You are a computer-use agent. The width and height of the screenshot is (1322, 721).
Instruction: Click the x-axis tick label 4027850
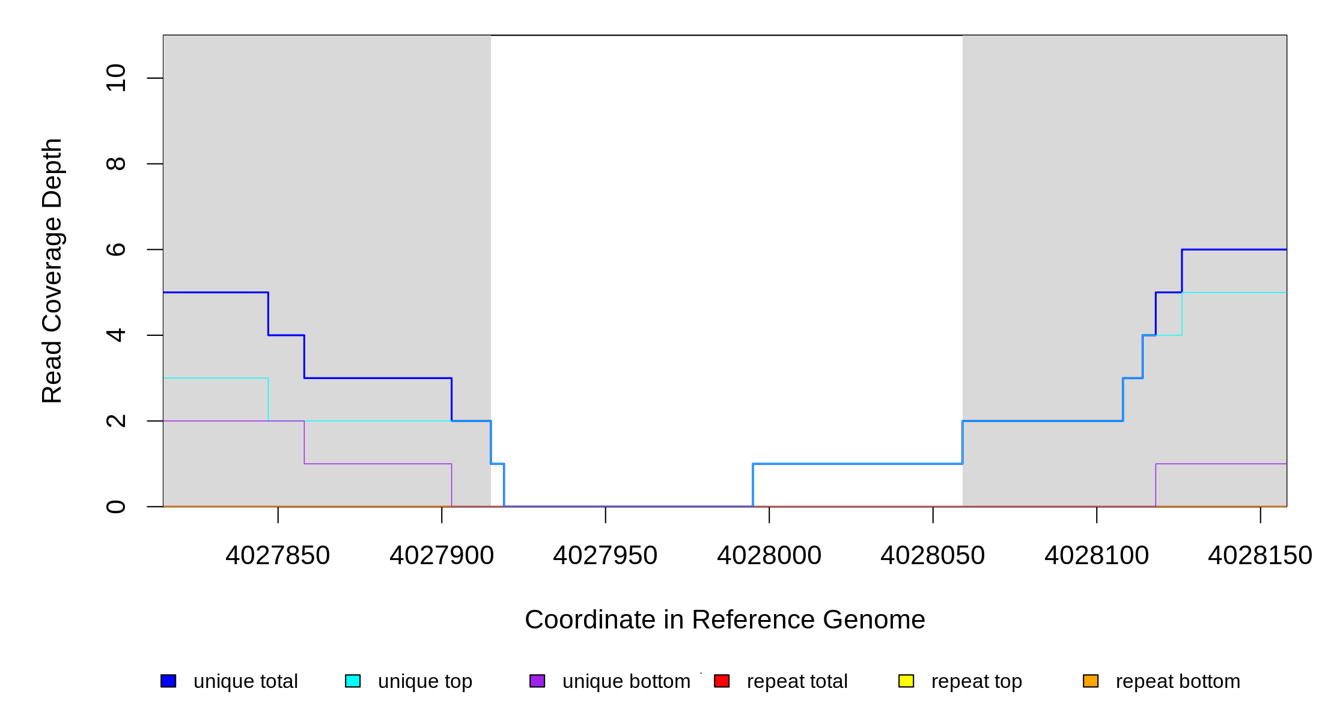tap(278, 556)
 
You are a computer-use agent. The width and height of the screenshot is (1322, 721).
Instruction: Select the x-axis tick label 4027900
tap(442, 556)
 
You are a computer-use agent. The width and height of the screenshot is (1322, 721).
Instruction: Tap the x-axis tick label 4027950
tap(605, 556)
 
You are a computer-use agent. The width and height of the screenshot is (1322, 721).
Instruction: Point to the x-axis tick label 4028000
tap(769, 556)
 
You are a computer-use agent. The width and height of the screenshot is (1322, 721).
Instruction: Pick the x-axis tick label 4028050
tap(933, 556)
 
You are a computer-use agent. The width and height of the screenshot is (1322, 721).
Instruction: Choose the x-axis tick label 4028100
tap(1097, 556)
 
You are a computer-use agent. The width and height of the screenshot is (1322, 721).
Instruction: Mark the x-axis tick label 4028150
tap(1260, 556)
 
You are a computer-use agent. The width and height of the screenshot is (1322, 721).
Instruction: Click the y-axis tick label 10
tap(116, 78)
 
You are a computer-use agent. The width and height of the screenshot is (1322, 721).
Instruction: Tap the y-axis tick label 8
tap(116, 163)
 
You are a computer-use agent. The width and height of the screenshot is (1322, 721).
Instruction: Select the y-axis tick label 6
tap(116, 249)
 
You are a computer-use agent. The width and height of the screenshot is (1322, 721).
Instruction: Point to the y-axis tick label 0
tap(116, 507)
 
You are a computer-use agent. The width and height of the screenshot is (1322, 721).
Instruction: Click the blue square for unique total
tap(168, 681)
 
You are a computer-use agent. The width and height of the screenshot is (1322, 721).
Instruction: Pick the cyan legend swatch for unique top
tap(353, 681)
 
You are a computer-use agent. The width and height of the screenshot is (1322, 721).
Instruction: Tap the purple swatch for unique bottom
tap(537, 681)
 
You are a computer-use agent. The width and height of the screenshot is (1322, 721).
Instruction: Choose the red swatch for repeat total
tap(722, 681)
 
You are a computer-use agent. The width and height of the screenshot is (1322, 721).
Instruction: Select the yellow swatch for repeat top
tap(906, 681)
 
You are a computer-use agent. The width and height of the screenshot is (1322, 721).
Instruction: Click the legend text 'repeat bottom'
tap(1178, 682)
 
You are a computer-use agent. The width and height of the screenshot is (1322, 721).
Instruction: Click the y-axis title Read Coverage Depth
tap(52, 270)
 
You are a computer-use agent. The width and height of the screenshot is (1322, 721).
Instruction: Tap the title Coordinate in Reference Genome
tap(725, 619)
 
